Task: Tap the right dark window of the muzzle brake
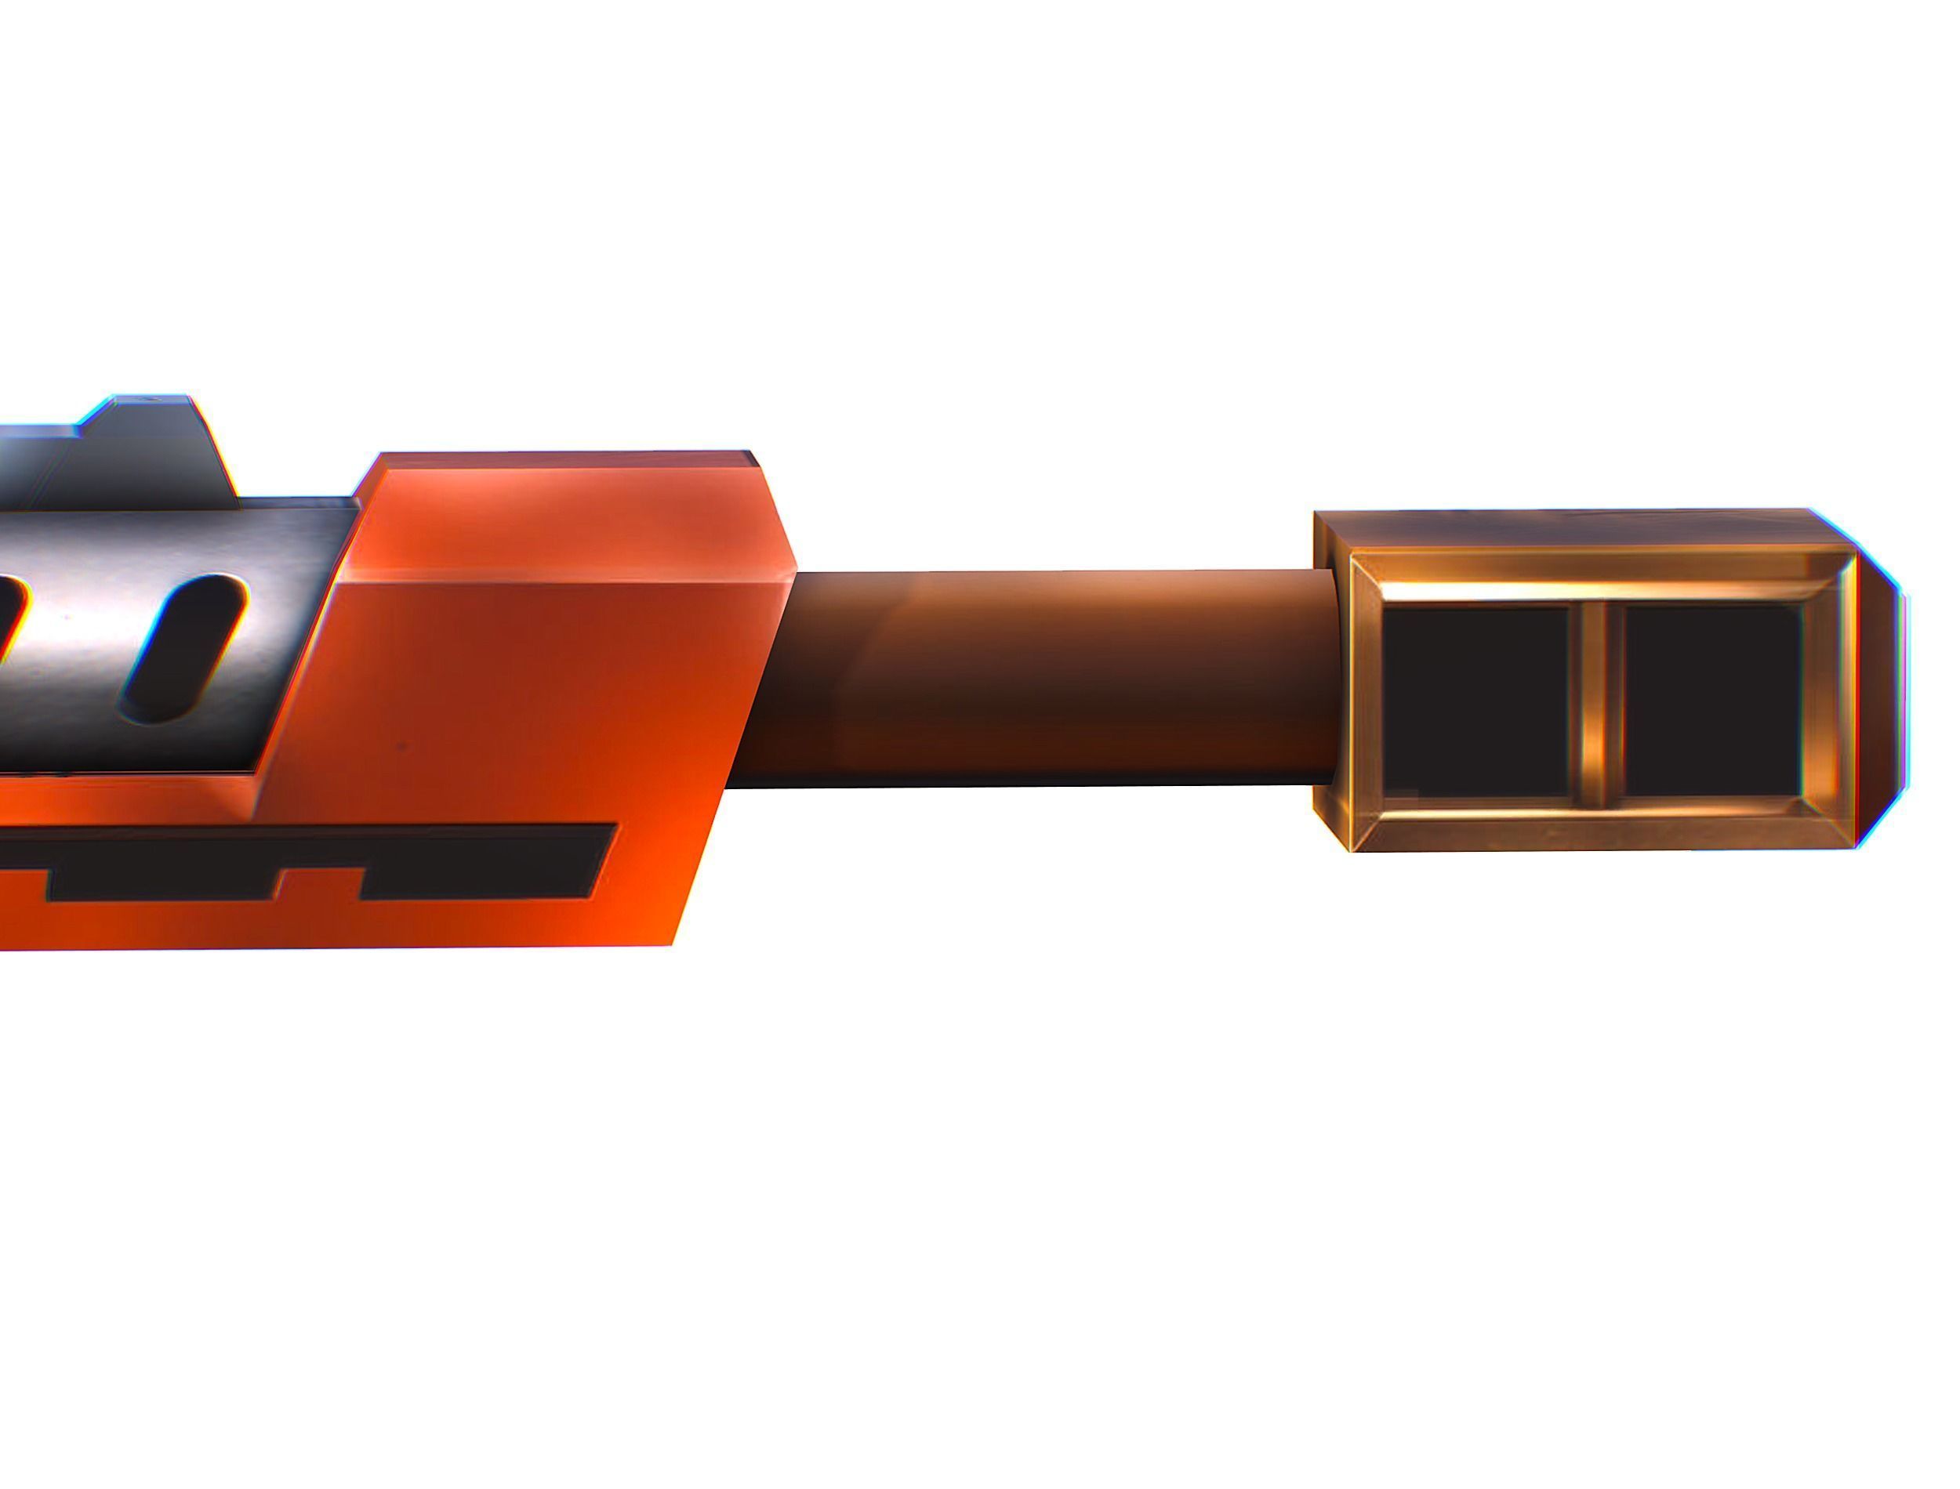pos(1711,699)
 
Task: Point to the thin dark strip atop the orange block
pos(568,458)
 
